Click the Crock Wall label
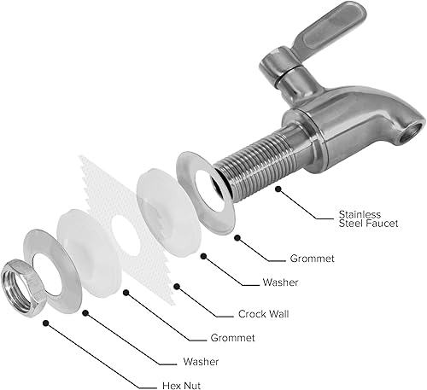click(262, 313)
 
